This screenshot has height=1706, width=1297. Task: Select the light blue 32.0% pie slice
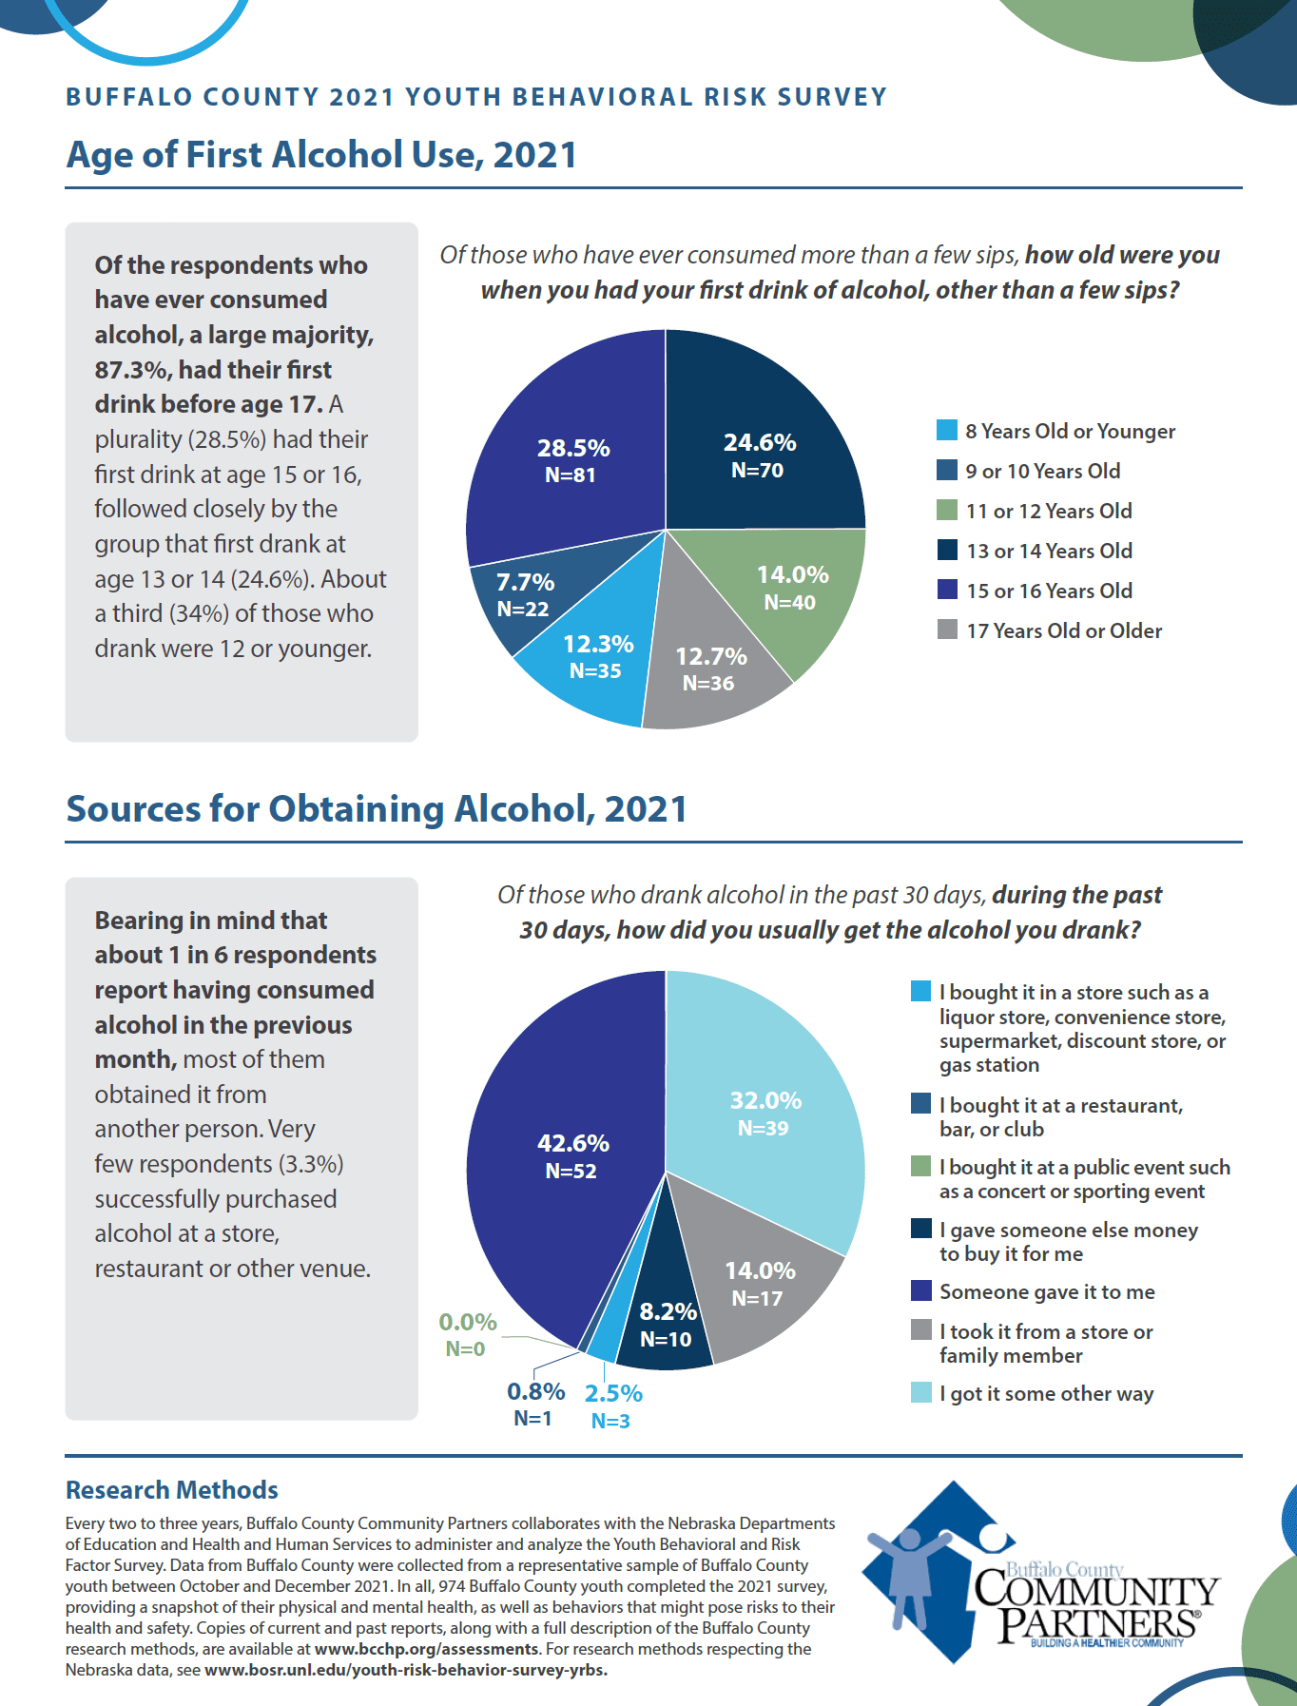pos(765,1113)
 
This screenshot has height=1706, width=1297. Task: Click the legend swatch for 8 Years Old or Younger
pos(947,431)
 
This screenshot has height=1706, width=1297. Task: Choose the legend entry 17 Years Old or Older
pos(1063,630)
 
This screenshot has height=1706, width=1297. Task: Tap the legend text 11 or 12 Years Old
pos(1049,511)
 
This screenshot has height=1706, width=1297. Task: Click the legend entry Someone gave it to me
pos(1047,1291)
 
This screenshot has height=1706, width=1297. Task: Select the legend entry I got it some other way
pos(1046,1393)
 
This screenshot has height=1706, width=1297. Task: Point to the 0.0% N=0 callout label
pos(467,1334)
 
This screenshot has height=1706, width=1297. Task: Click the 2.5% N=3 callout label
pos(612,1406)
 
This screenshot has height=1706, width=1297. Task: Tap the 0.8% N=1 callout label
pos(535,1405)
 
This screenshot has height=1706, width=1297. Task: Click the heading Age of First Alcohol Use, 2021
pos(321,155)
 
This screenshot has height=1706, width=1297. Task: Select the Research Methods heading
pos(172,1489)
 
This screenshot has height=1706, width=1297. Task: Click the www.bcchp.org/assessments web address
pos(427,1649)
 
